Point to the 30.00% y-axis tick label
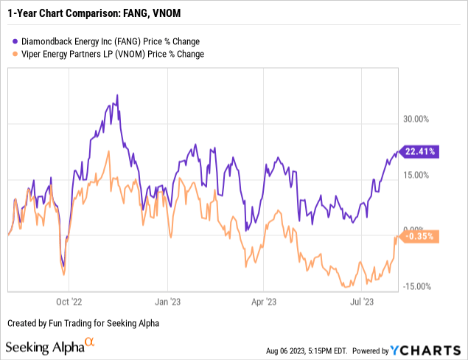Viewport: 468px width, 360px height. [x=416, y=120]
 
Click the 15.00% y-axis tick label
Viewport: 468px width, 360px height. [x=416, y=175]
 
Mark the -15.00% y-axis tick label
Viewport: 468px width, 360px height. [x=416, y=287]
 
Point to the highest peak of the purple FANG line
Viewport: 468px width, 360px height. [x=117, y=95]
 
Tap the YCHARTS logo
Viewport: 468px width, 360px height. [x=429, y=349]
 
